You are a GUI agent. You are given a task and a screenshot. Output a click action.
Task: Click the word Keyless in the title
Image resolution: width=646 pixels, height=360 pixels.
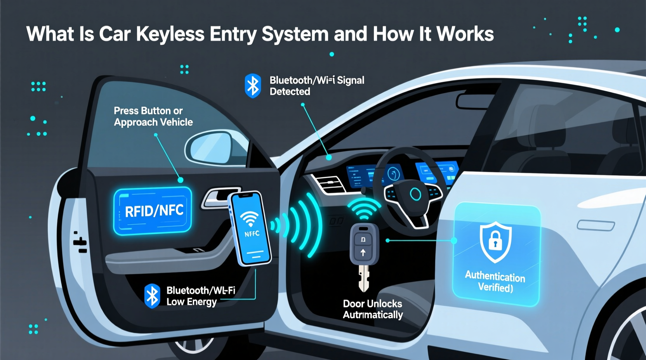(170, 34)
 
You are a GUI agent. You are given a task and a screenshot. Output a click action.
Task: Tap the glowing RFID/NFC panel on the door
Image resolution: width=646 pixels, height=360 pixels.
(153, 211)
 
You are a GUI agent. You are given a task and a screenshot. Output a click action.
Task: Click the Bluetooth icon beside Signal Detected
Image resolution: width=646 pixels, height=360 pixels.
(253, 85)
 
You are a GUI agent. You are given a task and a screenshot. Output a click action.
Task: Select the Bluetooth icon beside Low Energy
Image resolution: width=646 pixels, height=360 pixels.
(152, 296)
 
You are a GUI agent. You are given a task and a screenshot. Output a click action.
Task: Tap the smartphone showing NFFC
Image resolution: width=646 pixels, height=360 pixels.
(250, 229)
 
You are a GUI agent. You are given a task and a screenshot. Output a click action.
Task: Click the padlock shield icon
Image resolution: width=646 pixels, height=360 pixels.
(495, 241)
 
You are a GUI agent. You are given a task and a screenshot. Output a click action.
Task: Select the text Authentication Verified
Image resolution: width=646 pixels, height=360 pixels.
(495, 282)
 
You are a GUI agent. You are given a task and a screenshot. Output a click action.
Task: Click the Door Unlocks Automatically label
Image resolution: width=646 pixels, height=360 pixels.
(373, 309)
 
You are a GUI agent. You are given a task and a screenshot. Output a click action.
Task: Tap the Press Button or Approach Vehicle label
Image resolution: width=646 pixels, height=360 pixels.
(153, 116)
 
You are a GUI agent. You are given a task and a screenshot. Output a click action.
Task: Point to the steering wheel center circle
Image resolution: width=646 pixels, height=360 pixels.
(415, 194)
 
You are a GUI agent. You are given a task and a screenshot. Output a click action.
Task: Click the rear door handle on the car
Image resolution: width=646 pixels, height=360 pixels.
(596, 225)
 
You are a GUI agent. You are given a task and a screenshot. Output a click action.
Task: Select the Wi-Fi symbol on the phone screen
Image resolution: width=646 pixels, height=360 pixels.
(249, 219)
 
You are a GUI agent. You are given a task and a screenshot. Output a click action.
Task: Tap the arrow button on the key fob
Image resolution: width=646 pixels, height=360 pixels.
(363, 253)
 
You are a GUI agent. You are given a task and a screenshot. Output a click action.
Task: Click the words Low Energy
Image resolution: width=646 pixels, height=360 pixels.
(191, 302)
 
